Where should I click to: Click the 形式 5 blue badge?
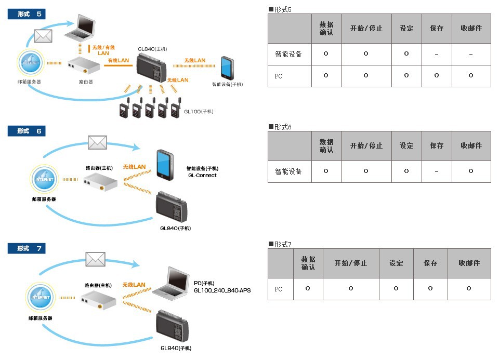click(27, 14)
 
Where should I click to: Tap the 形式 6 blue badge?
click(27, 131)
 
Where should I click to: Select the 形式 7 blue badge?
click(27, 249)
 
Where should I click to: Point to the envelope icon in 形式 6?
click(97, 142)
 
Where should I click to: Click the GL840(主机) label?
click(152, 49)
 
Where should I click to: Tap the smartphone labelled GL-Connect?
click(166, 165)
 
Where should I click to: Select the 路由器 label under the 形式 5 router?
click(86, 82)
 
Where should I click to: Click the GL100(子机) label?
click(199, 111)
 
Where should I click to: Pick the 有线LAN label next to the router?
click(118, 61)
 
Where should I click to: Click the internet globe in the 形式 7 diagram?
click(41, 298)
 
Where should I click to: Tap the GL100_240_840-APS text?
click(222, 290)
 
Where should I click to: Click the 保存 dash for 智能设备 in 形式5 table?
click(437, 54)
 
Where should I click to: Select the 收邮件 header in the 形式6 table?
click(471, 145)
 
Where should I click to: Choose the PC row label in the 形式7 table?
click(279, 289)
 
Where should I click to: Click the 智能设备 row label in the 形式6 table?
click(288, 171)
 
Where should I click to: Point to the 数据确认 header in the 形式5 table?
click(326, 28)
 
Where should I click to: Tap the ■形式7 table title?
click(280, 244)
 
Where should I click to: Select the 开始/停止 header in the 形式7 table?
click(351, 263)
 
